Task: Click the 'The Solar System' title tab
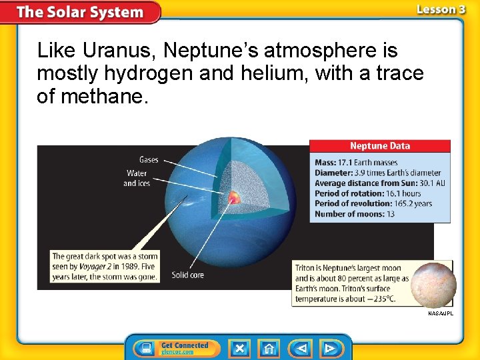(x=80, y=12)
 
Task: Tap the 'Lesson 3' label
(x=441, y=9)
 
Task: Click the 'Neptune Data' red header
(x=380, y=146)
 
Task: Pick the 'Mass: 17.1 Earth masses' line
(x=356, y=163)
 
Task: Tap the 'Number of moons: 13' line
(x=355, y=214)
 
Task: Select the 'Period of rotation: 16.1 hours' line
(x=368, y=193)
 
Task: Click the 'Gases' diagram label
(x=149, y=160)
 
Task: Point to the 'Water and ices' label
(x=136, y=178)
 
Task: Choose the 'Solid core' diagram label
(x=188, y=275)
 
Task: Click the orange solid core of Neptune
(x=234, y=197)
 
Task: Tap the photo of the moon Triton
(x=433, y=284)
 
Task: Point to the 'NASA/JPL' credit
(x=440, y=313)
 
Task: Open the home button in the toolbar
(x=269, y=349)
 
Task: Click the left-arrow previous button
(x=300, y=349)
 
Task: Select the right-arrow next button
(x=329, y=349)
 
